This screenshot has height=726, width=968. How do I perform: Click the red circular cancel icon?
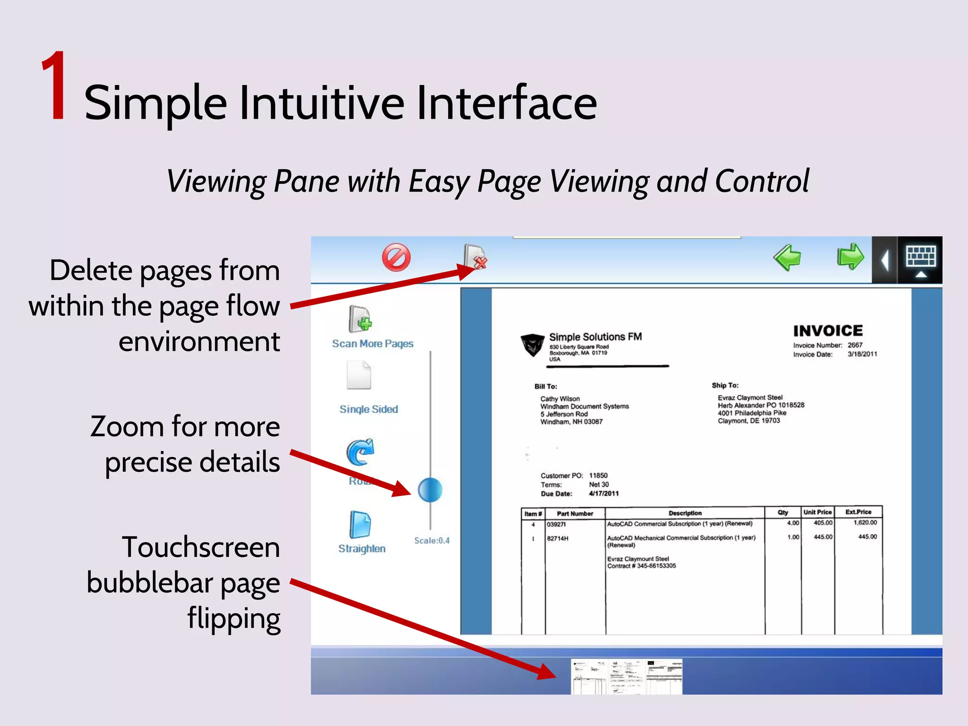point(396,258)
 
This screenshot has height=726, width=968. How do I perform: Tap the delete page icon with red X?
point(475,257)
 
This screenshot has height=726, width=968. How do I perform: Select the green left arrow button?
point(787,258)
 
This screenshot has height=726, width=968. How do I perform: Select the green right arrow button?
point(850,257)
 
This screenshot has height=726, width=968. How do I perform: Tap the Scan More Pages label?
point(372,344)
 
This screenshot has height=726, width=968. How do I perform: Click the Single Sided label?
point(369,409)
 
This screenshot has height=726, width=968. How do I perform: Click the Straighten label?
point(362,549)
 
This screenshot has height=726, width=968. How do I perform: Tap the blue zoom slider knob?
point(430,490)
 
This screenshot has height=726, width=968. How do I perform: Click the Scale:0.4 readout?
point(432,541)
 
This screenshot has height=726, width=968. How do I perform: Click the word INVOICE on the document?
point(828,330)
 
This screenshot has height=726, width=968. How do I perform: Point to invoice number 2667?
point(855,345)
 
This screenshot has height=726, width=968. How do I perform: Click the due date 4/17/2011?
point(604,493)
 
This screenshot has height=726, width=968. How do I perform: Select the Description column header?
point(685,513)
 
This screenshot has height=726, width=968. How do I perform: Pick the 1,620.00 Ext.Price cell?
point(865,523)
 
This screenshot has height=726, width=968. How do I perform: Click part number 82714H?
point(558,538)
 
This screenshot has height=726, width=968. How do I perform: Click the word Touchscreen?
point(201,547)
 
